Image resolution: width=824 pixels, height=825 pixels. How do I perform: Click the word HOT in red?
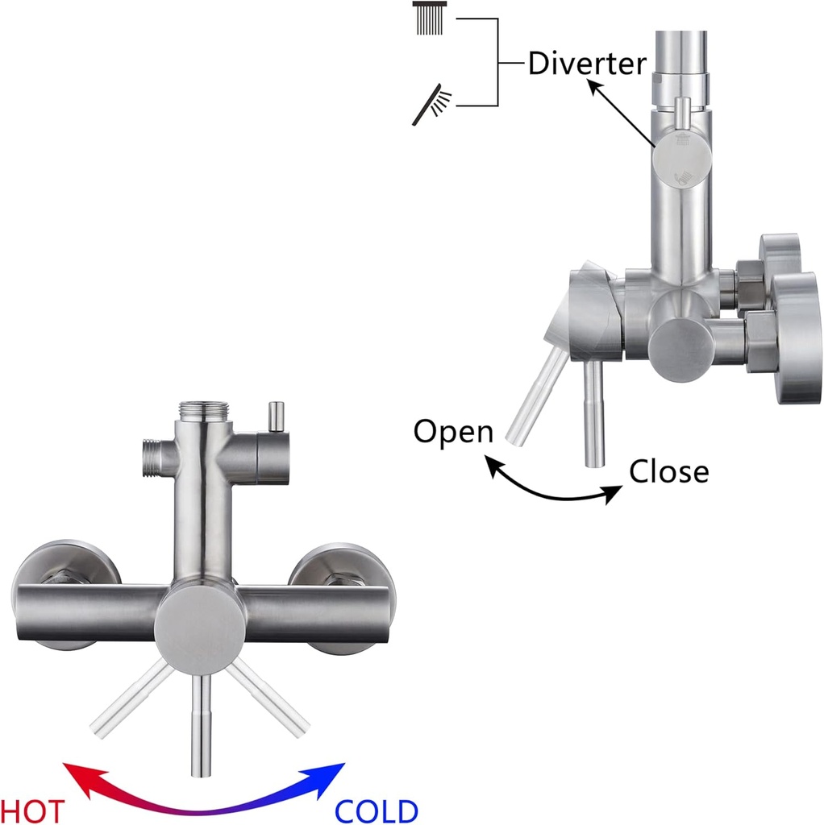[32, 810]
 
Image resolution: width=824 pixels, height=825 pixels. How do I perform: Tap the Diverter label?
[587, 64]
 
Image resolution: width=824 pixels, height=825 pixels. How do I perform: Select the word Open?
[453, 432]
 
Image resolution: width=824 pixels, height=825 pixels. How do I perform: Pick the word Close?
[669, 471]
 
